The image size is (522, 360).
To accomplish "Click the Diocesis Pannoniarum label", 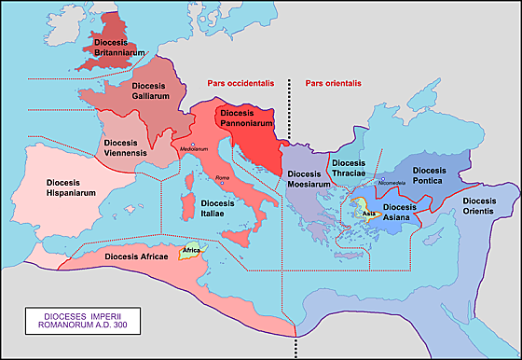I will click(246, 118).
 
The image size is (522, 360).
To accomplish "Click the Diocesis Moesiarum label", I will click(309, 179).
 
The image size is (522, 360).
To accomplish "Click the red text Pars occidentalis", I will click(242, 84).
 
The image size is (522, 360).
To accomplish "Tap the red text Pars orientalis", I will click(333, 84).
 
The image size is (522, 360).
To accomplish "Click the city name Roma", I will click(222, 178).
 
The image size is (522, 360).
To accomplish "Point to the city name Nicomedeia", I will click(394, 183).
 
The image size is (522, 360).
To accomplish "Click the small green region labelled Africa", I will click(193, 251).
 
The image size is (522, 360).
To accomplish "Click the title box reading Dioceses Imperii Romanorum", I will click(78, 323).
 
